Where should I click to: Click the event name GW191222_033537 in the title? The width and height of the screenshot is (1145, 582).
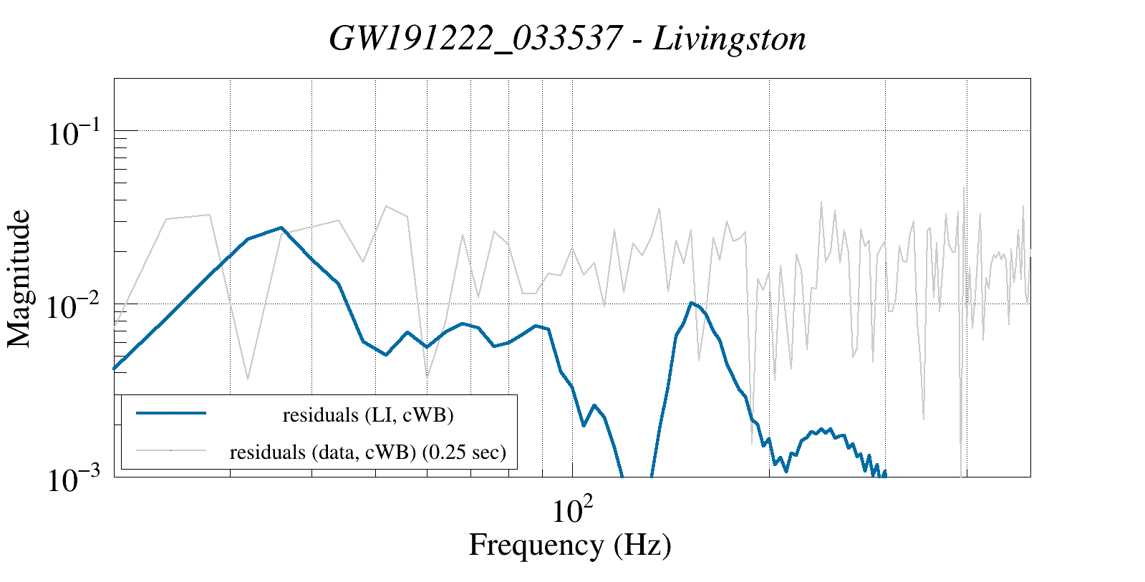[474, 39]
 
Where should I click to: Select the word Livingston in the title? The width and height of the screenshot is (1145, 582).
[730, 39]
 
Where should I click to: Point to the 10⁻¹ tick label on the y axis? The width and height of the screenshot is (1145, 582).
[77, 134]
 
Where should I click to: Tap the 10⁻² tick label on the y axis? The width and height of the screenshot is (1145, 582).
[77, 308]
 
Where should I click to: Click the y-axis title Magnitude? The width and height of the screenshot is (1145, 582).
[19, 279]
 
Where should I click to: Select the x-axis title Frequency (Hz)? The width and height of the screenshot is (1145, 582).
[570, 545]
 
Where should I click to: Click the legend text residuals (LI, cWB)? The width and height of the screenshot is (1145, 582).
[368, 414]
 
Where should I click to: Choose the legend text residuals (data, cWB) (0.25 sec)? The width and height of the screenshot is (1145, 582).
[368, 452]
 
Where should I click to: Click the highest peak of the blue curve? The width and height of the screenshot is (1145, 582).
[281, 228]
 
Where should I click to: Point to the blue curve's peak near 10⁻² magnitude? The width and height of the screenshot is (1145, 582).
[691, 303]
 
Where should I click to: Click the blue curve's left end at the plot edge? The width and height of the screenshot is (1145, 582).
[115, 368]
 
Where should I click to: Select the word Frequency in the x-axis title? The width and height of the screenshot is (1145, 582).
[536, 545]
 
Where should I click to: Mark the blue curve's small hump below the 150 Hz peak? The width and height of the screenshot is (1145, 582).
[823, 430]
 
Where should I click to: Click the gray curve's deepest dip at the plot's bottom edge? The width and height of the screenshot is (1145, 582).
[961, 474]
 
